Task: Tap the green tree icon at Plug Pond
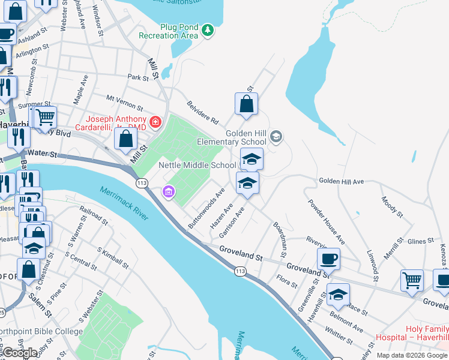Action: pos(208,30)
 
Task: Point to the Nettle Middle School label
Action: pos(197,165)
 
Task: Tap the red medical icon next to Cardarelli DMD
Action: pos(155,122)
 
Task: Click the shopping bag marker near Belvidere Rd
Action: pos(246,104)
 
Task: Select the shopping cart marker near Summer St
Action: pos(44,118)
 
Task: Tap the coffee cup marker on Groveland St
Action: pos(328,259)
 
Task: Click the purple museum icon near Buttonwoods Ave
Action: pos(169,192)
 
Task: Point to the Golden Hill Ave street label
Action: pos(341,181)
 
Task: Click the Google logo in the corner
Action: pos(20,353)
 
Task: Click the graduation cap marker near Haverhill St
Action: pos(338,295)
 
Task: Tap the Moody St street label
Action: pos(391,206)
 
